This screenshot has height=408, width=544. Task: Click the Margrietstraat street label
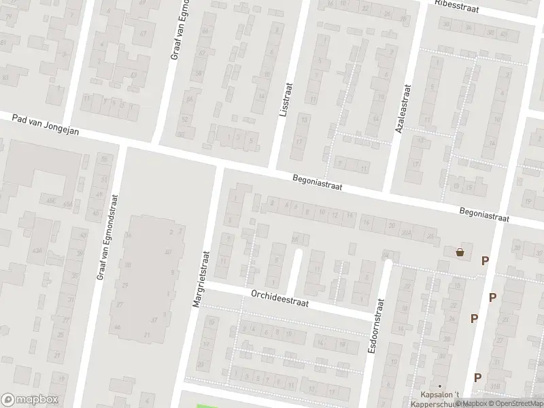coord(202,279)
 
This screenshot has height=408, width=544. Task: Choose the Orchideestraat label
coord(279,299)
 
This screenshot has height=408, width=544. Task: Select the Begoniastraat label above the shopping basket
coord(483,215)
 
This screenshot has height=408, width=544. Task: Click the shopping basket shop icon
coord(460,252)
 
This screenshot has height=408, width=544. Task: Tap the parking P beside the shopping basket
coord(485,260)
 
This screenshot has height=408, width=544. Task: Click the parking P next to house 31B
coord(477,377)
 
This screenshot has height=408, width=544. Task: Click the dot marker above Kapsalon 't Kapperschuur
coord(439,386)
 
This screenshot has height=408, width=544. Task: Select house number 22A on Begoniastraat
coord(407,231)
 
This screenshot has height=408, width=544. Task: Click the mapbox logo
coord(30,400)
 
